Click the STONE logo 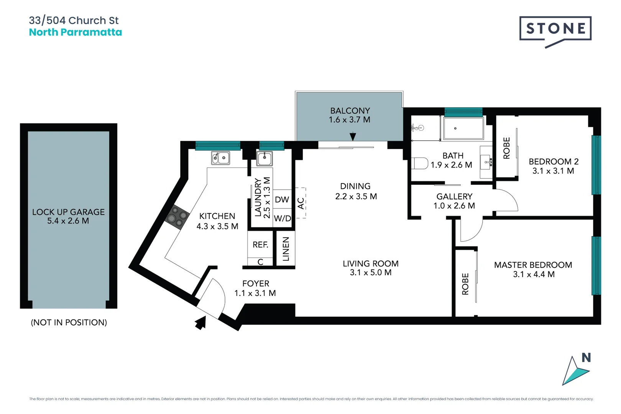point(555,29)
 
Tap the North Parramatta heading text point(76,32)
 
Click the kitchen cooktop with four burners point(177,217)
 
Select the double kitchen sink point(221,158)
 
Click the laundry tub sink point(264,158)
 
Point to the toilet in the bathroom point(420,163)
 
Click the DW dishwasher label point(282,199)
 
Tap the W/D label point(283,219)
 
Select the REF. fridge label point(260,245)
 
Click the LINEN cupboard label point(286,249)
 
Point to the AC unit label point(301,203)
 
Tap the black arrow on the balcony point(353,136)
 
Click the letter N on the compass point(586,358)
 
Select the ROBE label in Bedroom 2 point(506,148)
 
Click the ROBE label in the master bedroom point(465,284)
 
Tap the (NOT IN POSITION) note point(69,322)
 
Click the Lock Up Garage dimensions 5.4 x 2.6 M point(68,221)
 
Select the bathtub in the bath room point(463,128)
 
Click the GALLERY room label point(454,196)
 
